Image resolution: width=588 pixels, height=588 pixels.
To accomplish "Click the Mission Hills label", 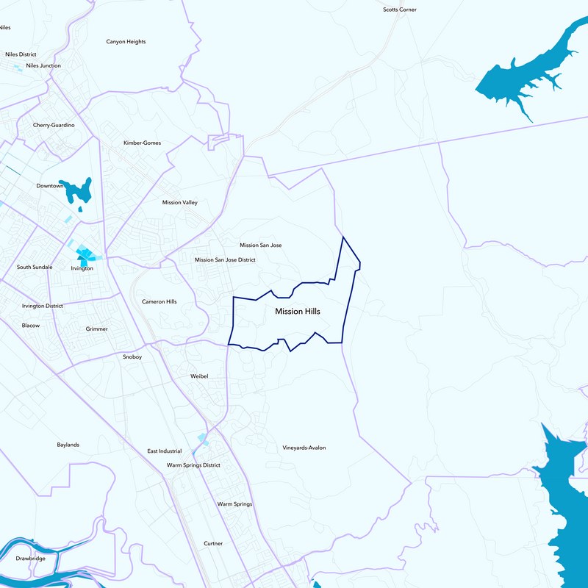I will coord(298,312).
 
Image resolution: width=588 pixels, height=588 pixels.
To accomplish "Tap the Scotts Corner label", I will coord(400,10).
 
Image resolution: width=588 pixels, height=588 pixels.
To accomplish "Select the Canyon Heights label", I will coord(126,42).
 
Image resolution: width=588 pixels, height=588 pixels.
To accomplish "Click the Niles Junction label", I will coord(43,66).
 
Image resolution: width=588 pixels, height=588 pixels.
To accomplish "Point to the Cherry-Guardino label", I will coord(54,126).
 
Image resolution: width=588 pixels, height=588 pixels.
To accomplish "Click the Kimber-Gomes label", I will coord(142,143).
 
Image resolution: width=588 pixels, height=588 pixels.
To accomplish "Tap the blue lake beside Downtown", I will coord(77,190).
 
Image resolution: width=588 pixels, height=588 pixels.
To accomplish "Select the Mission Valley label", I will coord(179,202).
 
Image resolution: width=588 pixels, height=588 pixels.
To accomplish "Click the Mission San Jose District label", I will coord(225,259).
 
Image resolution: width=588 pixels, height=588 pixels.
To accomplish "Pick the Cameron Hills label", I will coord(159,302).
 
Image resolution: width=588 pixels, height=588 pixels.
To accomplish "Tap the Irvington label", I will coord(82,269).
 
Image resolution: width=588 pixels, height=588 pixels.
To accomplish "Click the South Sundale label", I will coord(35,267).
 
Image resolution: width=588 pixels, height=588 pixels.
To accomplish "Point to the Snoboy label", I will coord(132,357).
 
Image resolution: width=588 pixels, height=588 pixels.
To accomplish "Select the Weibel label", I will coord(199,376).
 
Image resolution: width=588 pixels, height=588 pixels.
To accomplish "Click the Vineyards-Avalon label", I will coord(304,448).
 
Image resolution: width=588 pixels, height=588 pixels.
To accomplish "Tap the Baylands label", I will coord(68,445).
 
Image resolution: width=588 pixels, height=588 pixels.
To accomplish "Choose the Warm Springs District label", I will coord(193,465).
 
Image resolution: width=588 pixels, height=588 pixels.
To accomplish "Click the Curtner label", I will coord(213,544).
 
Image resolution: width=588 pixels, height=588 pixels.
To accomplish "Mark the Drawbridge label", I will coord(30,559).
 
